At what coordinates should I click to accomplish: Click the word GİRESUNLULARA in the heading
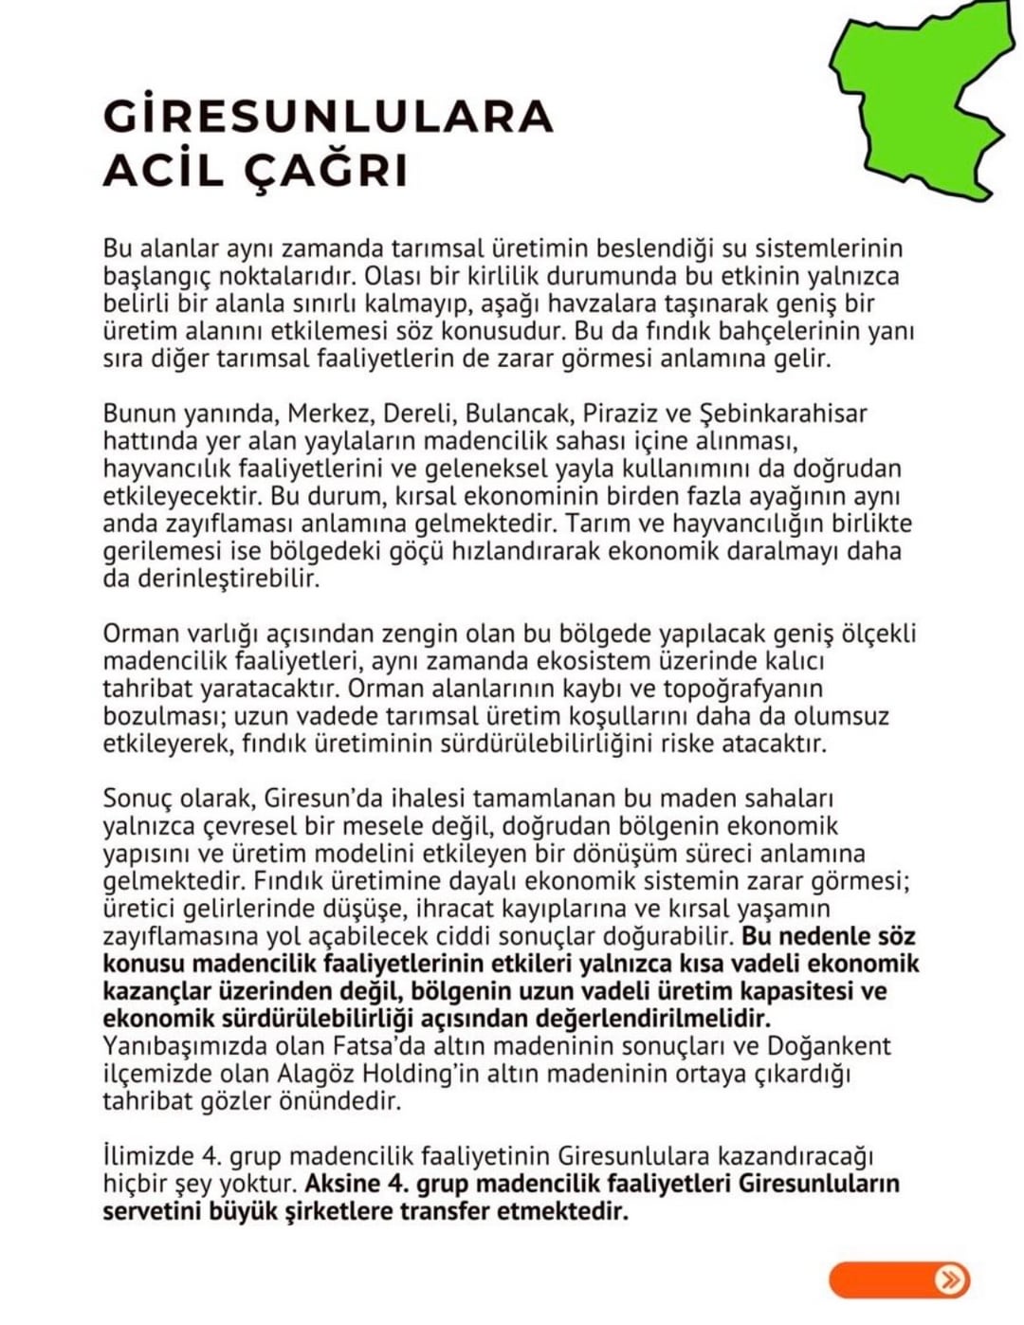[x=327, y=116]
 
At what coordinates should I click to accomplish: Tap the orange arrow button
[x=899, y=1279]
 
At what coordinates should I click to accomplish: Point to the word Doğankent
[x=829, y=1046]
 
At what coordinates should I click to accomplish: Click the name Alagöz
[x=320, y=1074]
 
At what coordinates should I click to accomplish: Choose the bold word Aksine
[x=343, y=1185]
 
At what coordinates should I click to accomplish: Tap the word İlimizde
[x=146, y=1157]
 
